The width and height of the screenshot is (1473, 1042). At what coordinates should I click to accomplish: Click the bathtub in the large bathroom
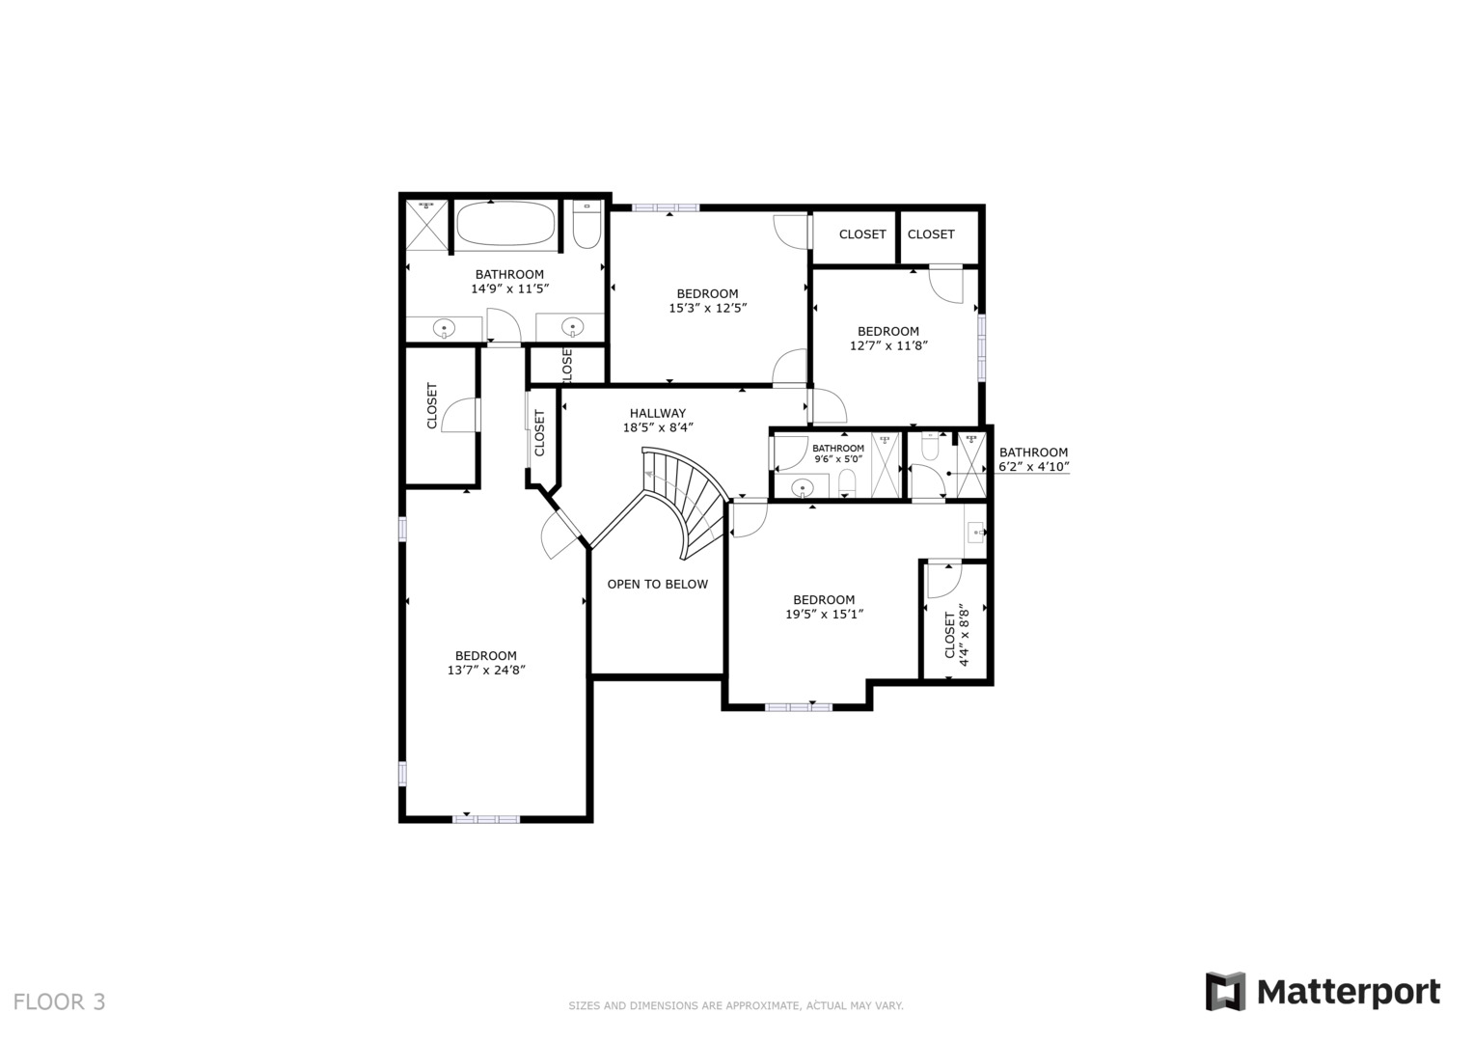tap(505, 224)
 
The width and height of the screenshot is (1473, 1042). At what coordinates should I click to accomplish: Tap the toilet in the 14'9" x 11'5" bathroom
tap(586, 225)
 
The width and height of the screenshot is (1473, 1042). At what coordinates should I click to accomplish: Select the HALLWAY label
tap(658, 413)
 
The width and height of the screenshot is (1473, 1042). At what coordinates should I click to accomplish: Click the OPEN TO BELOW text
tap(658, 584)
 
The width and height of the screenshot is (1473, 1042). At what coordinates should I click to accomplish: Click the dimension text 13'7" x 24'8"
tap(486, 671)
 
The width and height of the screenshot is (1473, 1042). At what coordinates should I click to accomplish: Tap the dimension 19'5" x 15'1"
tap(824, 615)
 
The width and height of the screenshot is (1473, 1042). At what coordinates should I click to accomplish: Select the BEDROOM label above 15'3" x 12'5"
tap(708, 293)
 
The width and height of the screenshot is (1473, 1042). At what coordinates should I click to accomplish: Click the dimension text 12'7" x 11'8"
tap(888, 346)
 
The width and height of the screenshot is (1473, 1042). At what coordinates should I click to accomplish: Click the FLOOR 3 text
tap(59, 1001)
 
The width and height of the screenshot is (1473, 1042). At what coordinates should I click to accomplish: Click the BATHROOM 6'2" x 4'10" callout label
tap(1034, 459)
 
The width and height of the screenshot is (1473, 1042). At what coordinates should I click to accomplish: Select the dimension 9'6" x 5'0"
tap(838, 459)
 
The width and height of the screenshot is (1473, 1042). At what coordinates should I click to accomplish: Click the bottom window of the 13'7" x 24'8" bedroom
tap(486, 819)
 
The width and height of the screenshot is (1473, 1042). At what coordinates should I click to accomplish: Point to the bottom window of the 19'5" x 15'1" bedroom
tap(799, 707)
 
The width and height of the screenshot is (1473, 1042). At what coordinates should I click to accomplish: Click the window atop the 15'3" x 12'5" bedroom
tap(666, 207)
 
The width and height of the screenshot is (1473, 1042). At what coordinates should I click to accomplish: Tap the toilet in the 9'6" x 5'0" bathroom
tap(848, 483)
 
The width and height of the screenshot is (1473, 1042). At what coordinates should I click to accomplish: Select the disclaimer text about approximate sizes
tap(736, 1005)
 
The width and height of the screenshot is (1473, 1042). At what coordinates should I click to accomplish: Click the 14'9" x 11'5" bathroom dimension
tap(509, 288)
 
